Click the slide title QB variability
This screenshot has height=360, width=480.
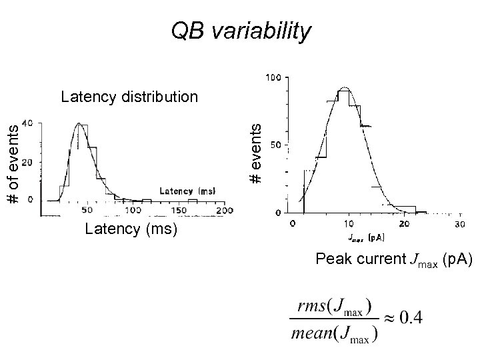pyautogui.click(x=241, y=31)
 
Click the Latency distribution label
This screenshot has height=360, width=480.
pyautogui.click(x=129, y=97)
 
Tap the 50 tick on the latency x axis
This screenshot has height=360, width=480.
pyautogui.click(x=87, y=211)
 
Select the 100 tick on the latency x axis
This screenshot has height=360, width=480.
pyautogui.click(x=133, y=211)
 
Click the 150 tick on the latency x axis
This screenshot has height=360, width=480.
pyautogui.click(x=179, y=211)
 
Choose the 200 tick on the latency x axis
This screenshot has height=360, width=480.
pyautogui.click(x=225, y=211)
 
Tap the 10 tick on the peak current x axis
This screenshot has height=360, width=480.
pyautogui.click(x=349, y=224)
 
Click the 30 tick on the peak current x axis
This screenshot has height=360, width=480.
pyautogui.click(x=459, y=224)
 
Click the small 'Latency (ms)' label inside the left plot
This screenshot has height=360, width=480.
pyautogui.click(x=188, y=191)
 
